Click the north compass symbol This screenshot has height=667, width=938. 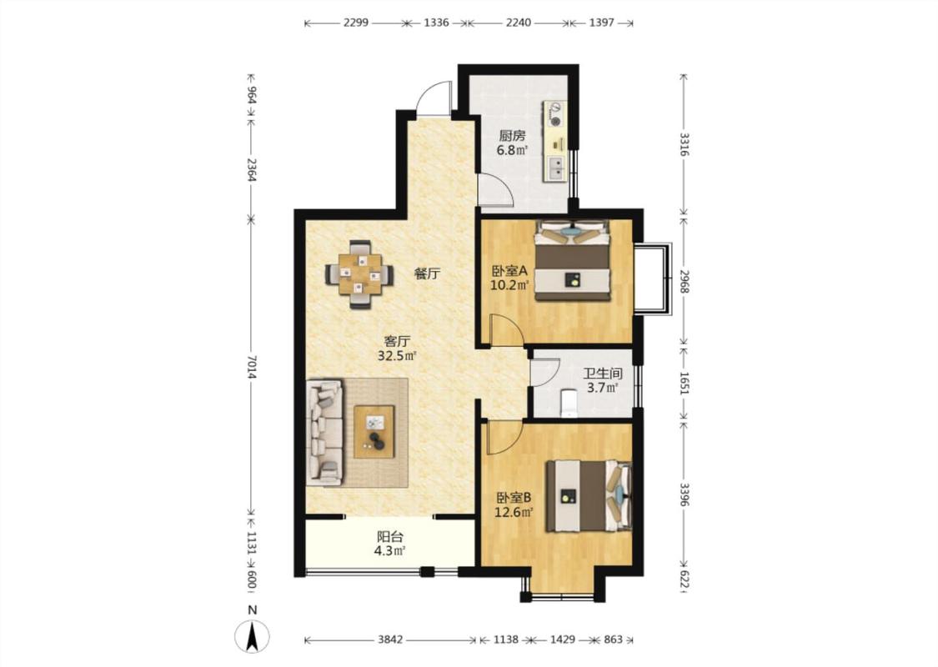(x=252, y=636)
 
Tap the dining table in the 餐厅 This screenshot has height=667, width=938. (x=359, y=275)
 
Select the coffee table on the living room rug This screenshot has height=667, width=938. (x=374, y=432)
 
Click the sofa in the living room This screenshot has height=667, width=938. (x=324, y=432)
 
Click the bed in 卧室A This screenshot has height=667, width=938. (x=573, y=259)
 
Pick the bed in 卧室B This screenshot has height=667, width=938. (x=589, y=495)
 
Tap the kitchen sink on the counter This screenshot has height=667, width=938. (x=556, y=168)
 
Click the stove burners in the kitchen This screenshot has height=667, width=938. (x=556, y=114)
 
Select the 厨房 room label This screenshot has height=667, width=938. (x=512, y=136)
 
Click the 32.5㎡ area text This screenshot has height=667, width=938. (x=397, y=356)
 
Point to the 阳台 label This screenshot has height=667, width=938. (x=390, y=537)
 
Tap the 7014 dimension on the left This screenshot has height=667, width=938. (x=252, y=367)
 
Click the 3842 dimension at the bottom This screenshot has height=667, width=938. (x=390, y=639)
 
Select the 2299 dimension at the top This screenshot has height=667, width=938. (x=356, y=23)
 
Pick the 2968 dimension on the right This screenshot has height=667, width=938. (x=685, y=281)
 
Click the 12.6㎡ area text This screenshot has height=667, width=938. (x=514, y=512)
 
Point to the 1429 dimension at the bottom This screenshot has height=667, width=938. (x=562, y=639)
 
